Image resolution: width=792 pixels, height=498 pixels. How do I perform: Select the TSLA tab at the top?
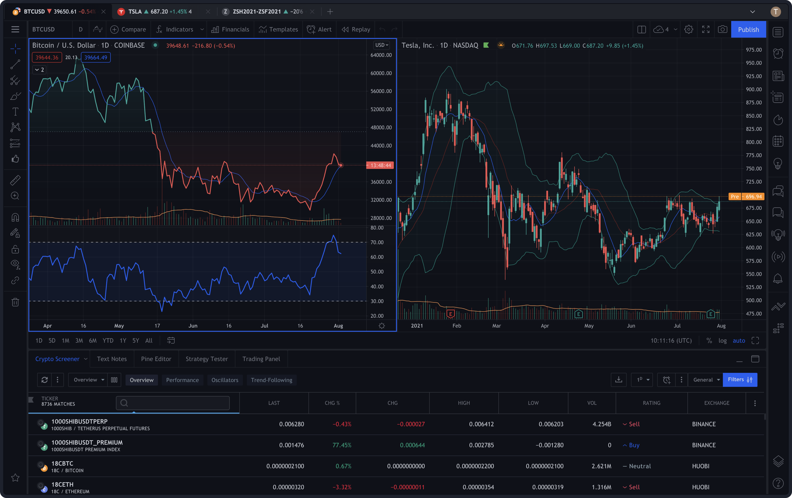(155, 11)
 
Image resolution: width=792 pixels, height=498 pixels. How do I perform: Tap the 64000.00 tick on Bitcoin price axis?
(381, 55)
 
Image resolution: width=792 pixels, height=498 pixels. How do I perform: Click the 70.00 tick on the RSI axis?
(377, 242)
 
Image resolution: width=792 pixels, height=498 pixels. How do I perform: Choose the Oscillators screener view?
(225, 380)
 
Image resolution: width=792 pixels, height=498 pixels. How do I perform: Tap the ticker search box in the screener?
(173, 403)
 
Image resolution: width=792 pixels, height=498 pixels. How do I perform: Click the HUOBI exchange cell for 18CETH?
(700, 487)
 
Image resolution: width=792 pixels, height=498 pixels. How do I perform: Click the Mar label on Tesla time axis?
(496, 325)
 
